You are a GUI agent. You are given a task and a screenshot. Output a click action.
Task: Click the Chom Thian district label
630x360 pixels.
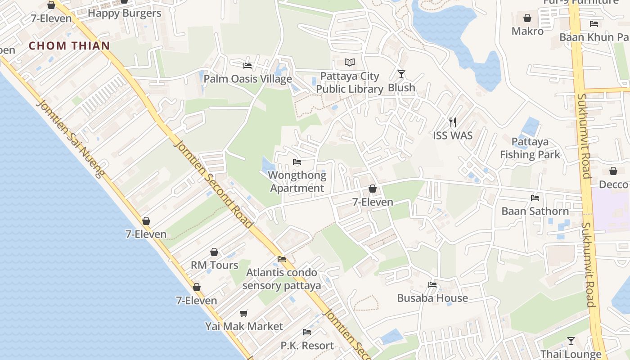click(x=69, y=45)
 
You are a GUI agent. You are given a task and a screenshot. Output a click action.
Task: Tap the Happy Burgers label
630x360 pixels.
click(x=124, y=13)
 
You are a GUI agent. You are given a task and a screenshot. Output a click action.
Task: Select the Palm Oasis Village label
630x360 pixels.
click(x=247, y=79)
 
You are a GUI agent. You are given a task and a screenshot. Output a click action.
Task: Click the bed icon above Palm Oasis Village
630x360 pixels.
click(x=247, y=65)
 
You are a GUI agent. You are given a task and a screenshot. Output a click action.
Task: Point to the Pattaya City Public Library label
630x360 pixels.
click(x=350, y=83)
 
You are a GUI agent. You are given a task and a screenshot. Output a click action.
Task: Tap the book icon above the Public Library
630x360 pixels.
click(x=350, y=63)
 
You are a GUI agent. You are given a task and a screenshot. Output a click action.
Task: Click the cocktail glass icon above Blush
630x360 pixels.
click(x=401, y=74)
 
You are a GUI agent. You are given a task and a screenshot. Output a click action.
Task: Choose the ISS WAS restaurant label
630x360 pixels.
click(x=453, y=135)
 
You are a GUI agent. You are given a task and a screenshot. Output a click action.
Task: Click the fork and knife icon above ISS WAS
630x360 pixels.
click(x=453, y=122)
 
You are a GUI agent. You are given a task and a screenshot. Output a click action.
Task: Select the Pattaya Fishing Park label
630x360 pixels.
click(x=530, y=148)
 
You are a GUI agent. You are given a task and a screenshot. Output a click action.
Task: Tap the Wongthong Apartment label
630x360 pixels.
click(x=297, y=182)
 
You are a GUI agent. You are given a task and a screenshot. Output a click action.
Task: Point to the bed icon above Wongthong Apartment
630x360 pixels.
click(x=297, y=162)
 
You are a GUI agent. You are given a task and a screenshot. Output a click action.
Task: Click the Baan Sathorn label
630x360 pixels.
click(x=535, y=211)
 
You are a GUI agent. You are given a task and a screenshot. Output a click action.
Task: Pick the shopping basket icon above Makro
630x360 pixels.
click(x=527, y=18)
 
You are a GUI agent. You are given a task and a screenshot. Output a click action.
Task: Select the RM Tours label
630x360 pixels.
click(x=215, y=265)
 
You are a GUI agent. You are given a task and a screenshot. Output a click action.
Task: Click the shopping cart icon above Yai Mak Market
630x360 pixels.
click(x=244, y=313)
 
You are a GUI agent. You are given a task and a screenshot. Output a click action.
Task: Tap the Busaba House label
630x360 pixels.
click(x=432, y=298)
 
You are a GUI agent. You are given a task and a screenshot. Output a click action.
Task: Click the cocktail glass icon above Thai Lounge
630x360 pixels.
click(x=571, y=341)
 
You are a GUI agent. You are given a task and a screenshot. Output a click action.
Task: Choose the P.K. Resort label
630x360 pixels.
click(x=307, y=346)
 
